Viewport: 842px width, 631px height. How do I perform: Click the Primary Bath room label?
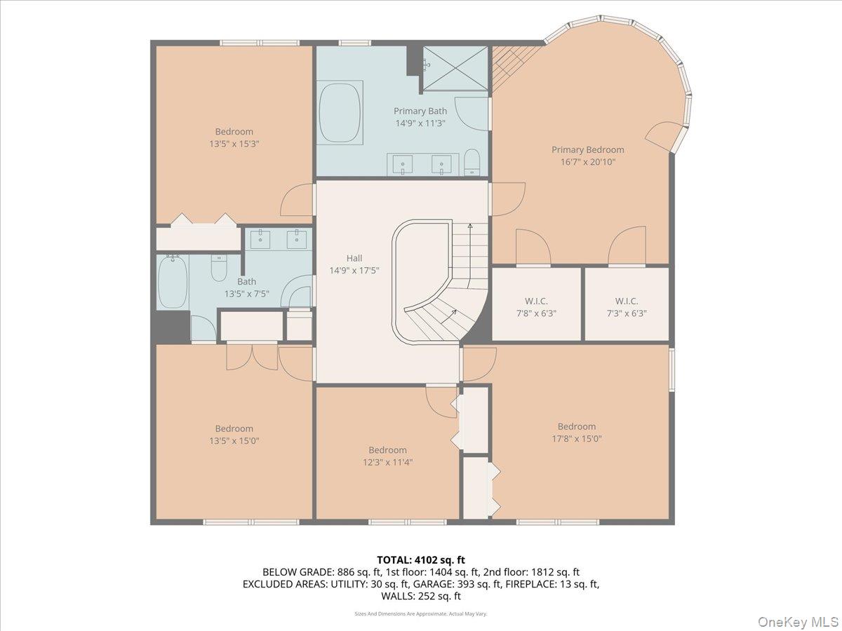[x=420, y=111]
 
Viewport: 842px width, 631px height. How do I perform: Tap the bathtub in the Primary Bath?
[x=340, y=112]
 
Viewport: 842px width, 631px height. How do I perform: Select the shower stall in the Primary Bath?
[x=453, y=69]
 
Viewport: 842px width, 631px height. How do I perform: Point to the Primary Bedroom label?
[x=587, y=149]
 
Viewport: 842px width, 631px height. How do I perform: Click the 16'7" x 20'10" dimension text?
[x=587, y=162]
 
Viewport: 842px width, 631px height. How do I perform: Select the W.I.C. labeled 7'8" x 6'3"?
[x=536, y=307]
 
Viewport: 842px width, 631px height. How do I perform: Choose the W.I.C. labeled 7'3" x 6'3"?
[x=626, y=307]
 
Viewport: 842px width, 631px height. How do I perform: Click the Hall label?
[x=354, y=258]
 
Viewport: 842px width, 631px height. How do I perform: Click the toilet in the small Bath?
[x=219, y=268]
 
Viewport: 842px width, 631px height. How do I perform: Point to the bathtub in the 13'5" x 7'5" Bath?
[x=172, y=282]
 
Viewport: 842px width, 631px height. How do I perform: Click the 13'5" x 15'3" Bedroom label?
[x=234, y=131]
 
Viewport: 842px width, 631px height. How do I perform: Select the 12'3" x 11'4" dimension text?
[x=387, y=462]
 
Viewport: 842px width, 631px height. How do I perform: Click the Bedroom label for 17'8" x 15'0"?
[x=576, y=426]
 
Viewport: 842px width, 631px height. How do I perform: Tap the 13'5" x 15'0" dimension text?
[x=234, y=441]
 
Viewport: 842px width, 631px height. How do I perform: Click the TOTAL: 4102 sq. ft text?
[x=421, y=559]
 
